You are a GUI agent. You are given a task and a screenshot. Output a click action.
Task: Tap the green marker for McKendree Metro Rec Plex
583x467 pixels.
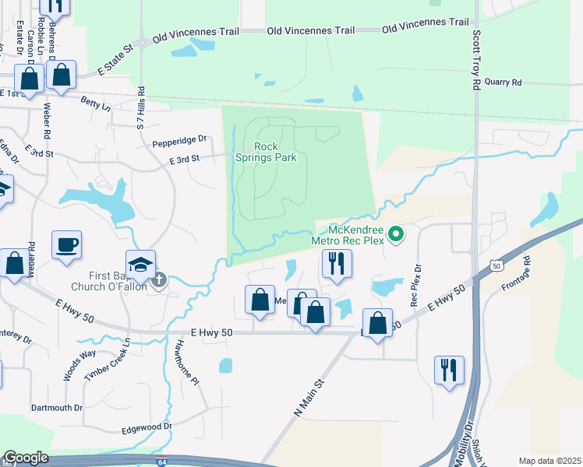coord(396,233)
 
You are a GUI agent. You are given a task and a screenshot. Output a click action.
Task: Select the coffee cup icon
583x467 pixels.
coord(66,244)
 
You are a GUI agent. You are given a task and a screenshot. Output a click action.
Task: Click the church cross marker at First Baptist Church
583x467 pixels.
coord(159,279)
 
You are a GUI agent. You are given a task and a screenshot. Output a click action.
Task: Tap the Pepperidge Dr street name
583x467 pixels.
coord(178,140)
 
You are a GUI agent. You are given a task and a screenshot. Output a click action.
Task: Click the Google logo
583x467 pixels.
coord(26,458)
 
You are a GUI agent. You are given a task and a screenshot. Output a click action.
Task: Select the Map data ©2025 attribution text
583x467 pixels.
coord(550,461)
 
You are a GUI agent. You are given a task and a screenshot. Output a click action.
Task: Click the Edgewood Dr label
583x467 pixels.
coord(147,427)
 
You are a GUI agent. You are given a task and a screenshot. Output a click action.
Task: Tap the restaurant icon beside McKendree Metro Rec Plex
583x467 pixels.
coord(337,262)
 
